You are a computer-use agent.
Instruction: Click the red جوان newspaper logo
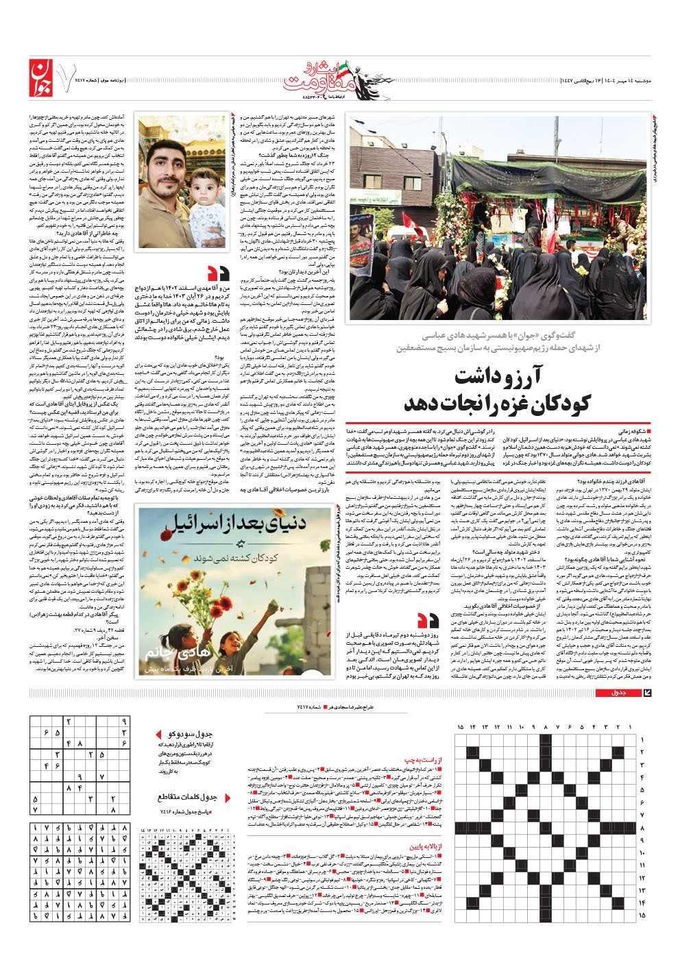tap(41, 79)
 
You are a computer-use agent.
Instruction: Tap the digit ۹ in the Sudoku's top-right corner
tap(124, 722)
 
